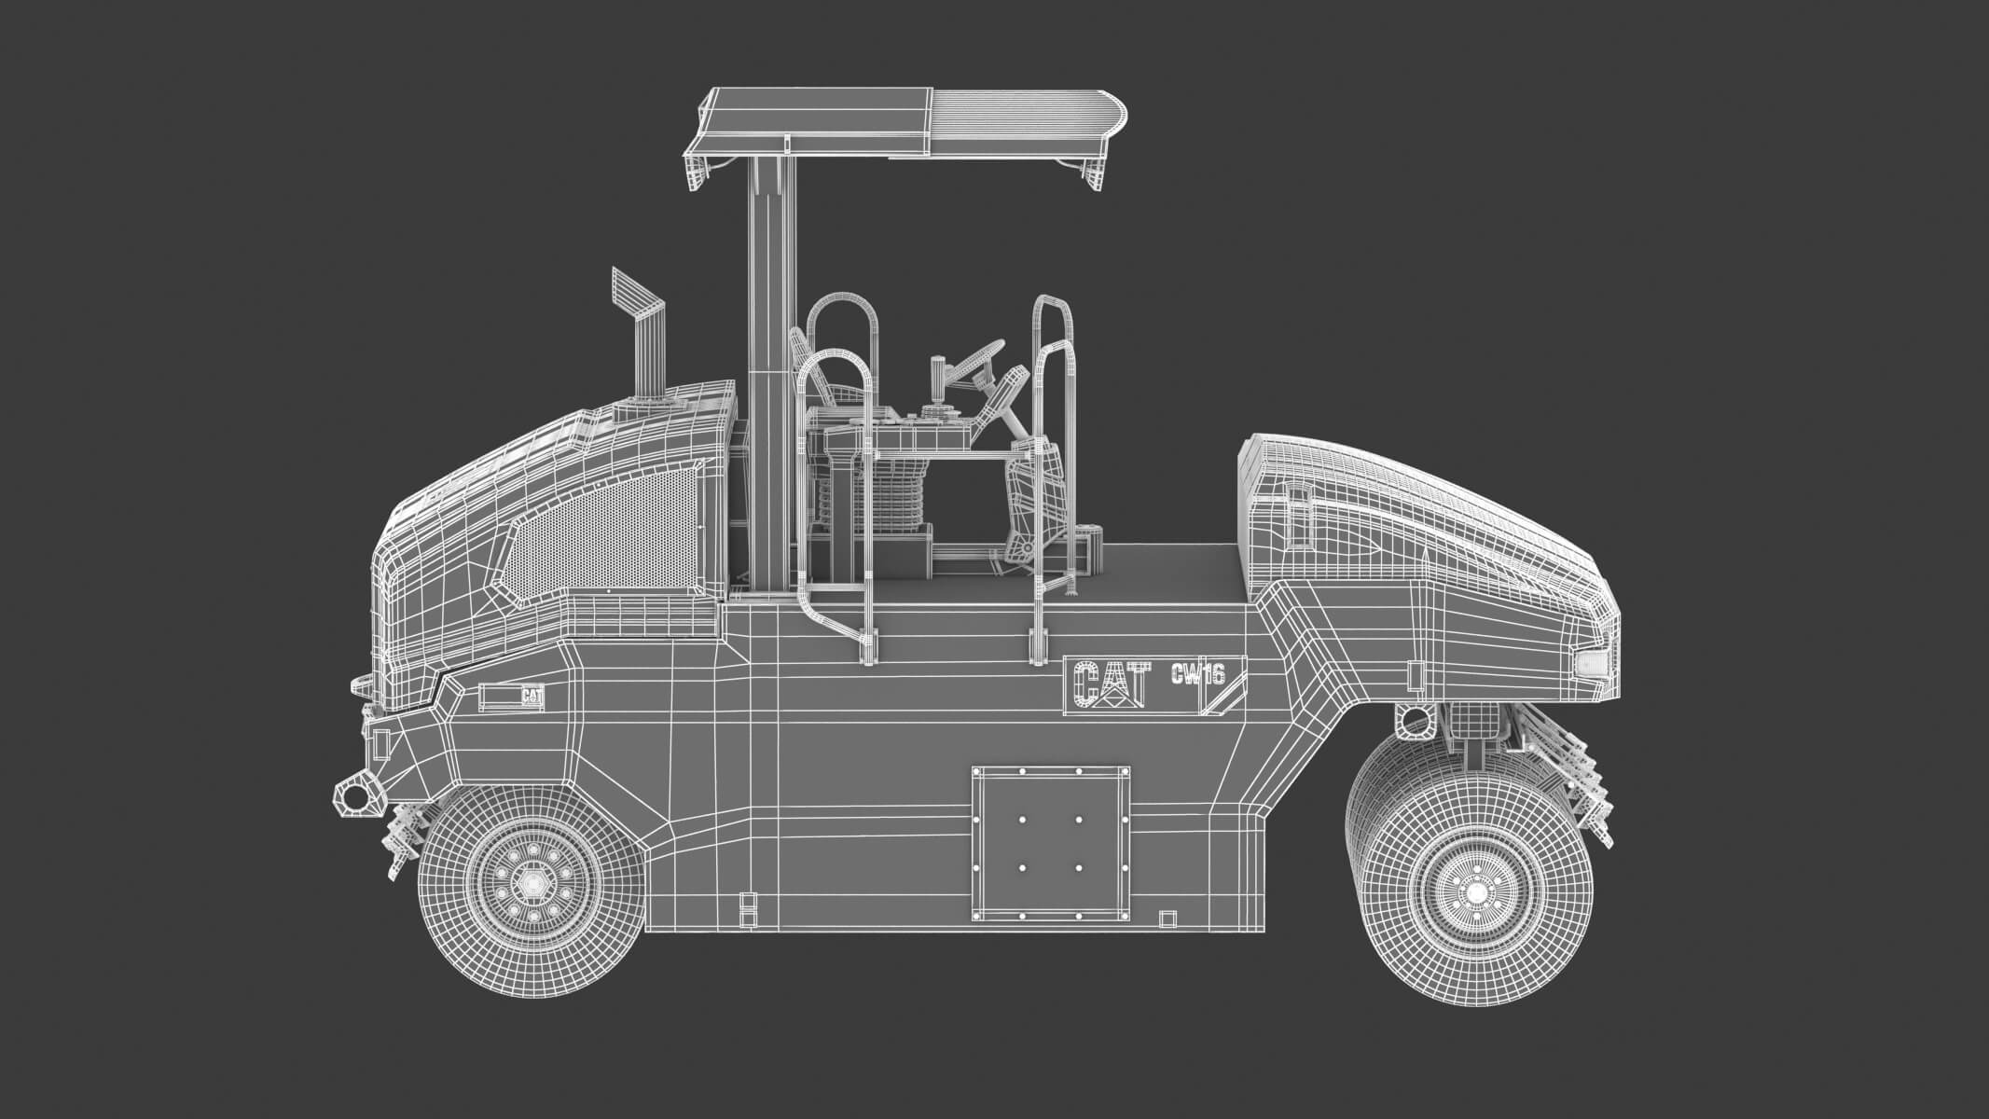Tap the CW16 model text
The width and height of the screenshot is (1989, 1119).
(1196, 672)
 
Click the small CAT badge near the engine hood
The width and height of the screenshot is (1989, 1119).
(531, 696)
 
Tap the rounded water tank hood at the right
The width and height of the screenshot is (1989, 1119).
(1417, 522)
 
